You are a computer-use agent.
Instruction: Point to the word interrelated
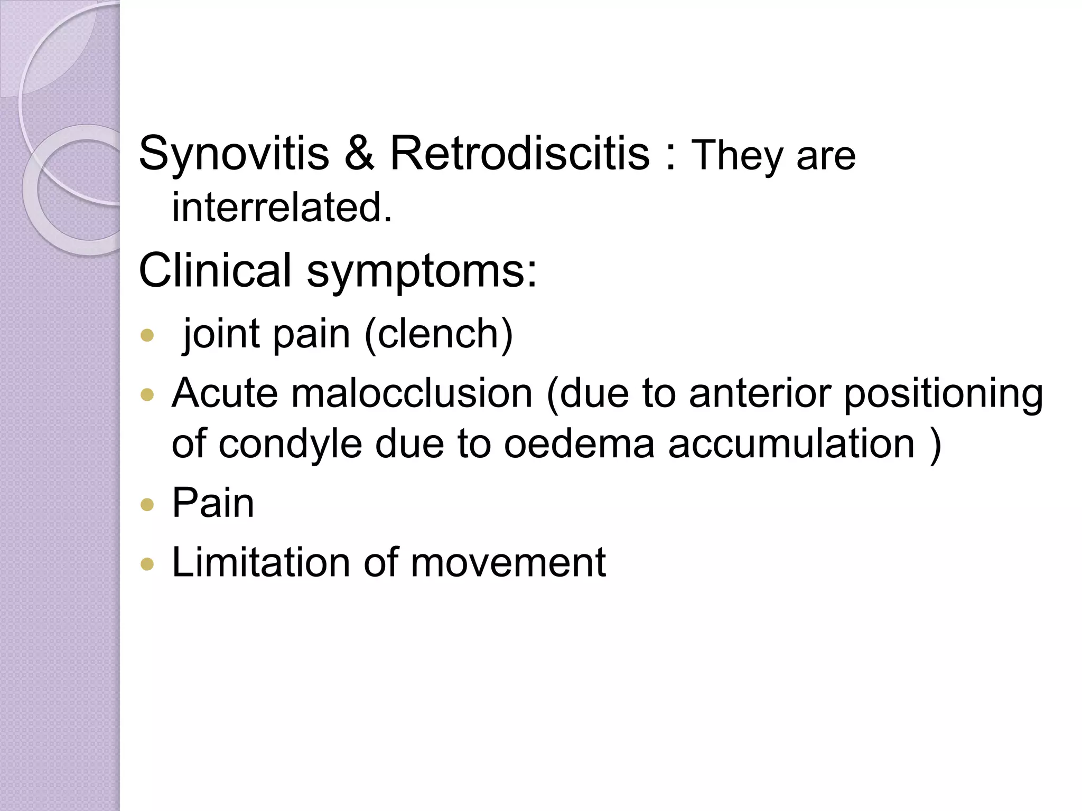point(282,208)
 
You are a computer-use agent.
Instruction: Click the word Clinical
point(214,270)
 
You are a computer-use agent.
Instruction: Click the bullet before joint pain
point(147,335)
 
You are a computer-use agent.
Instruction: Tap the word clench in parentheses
point(438,334)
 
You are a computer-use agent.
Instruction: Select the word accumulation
point(791,444)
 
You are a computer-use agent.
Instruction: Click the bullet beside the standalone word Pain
point(147,505)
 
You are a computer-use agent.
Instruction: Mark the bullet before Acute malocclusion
point(147,395)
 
